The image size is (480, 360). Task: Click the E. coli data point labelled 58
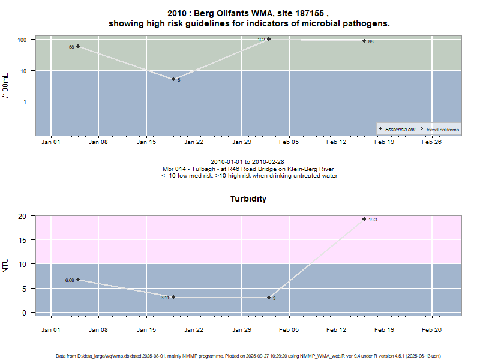point(78,46)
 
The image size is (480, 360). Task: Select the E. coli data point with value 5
point(173,79)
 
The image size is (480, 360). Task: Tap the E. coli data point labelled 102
point(269,39)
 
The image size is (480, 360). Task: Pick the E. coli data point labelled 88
point(364,41)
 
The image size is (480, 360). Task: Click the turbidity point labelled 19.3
point(364,219)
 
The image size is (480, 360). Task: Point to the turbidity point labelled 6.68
point(78,280)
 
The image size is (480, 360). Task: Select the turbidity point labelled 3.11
point(173,297)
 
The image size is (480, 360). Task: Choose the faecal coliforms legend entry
point(442,129)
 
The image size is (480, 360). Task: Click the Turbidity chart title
point(248,199)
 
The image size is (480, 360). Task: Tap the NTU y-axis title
point(6,264)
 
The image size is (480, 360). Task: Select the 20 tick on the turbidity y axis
point(23,216)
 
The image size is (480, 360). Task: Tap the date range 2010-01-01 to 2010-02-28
point(248,162)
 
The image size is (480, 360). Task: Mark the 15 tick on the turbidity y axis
point(23,240)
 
